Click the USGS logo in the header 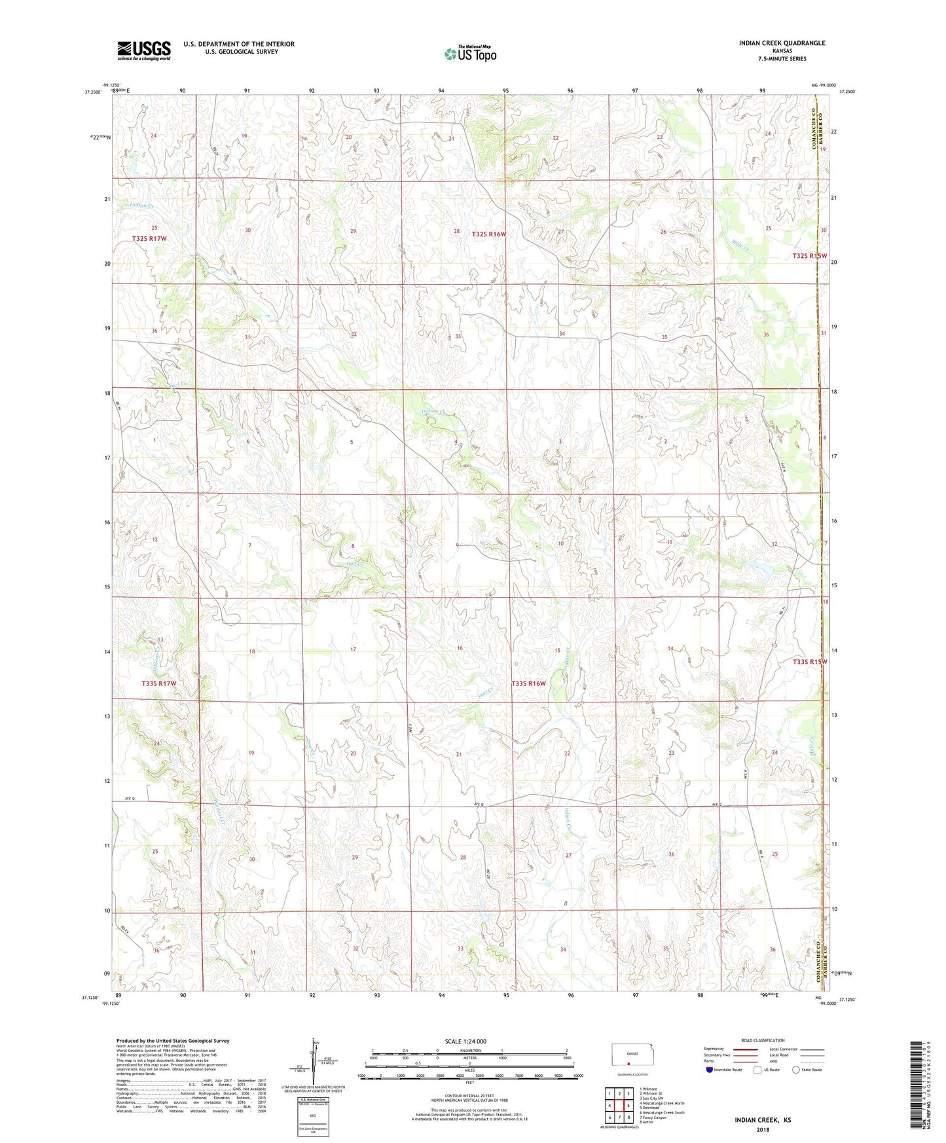click(144, 50)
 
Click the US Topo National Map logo click(470, 53)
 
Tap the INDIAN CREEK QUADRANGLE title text click(782, 43)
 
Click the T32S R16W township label click(489, 234)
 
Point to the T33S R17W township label click(159, 683)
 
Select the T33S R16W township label click(528, 683)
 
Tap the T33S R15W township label click(810, 662)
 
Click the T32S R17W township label click(149, 239)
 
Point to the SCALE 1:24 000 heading click(465, 1041)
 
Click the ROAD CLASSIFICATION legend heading click(763, 1040)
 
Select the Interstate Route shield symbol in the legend click(710, 1070)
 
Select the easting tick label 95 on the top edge click(505, 90)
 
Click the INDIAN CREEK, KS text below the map click(762, 1120)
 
